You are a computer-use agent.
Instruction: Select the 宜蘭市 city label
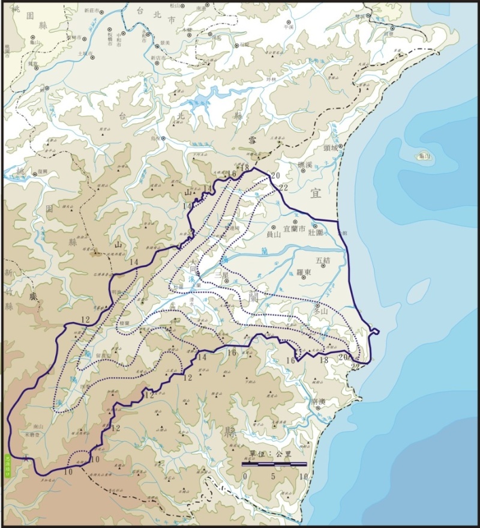(295, 228)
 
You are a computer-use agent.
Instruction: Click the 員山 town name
(274, 235)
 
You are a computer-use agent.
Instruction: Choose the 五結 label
(323, 260)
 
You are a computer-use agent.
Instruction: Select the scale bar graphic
(274, 464)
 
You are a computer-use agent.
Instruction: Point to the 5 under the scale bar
(274, 476)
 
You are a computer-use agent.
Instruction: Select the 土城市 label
(85, 53)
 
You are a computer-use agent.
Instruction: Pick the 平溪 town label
(289, 26)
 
